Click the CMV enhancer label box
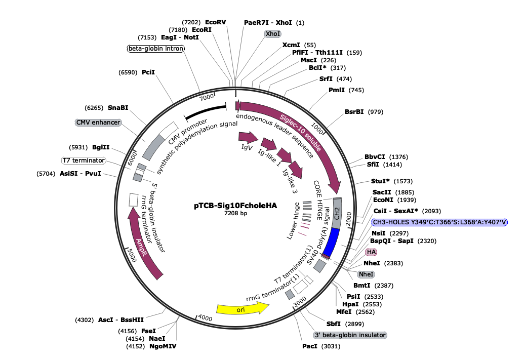(98, 123)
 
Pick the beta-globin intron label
(155, 49)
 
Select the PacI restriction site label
(310, 346)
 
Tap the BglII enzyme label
(101, 147)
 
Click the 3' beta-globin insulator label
(350, 335)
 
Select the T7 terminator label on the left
(84, 161)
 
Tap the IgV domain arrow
(248, 137)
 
